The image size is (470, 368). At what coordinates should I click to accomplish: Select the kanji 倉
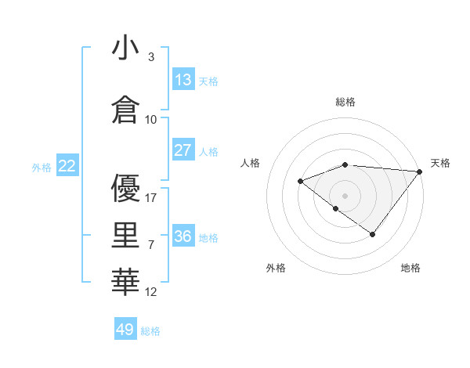point(125,108)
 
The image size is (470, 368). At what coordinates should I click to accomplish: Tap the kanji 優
point(125,189)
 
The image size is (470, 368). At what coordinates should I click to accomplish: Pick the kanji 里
point(125,236)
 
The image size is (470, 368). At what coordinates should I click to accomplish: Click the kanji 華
point(125,282)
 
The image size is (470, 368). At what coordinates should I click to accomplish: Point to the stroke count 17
point(152,198)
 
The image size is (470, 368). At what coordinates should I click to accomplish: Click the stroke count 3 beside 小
point(150,57)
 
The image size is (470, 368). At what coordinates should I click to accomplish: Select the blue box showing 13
point(183,79)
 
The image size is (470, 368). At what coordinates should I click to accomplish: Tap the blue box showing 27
point(183,150)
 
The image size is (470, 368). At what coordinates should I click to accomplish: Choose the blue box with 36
point(183,236)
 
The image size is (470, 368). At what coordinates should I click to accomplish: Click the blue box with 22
point(67,165)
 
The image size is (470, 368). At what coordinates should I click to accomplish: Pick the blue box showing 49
point(125,330)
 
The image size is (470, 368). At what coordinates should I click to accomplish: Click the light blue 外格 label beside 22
point(42,167)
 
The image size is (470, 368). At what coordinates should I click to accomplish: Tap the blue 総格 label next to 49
point(150,331)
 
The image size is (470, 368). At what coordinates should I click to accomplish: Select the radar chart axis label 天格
point(440,163)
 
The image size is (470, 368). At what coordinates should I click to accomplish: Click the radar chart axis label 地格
point(410,269)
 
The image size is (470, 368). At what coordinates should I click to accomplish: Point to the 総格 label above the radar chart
point(345,102)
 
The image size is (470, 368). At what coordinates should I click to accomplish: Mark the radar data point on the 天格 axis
point(421,171)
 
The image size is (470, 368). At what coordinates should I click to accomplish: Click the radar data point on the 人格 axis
point(300,182)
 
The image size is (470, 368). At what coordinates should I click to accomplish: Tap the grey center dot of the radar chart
point(345,196)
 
